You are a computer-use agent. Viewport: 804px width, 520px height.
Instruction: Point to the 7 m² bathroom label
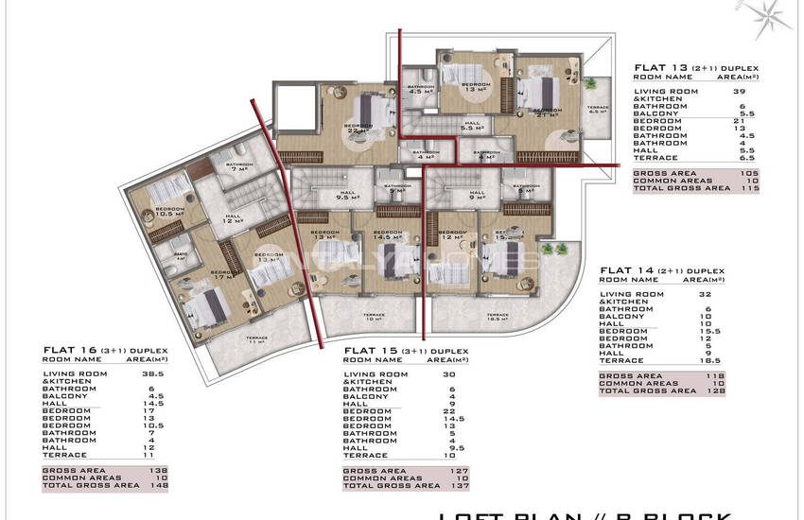pyautogui.click(x=238, y=168)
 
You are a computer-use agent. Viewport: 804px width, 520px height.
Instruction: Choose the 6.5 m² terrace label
pyautogui.click(x=598, y=110)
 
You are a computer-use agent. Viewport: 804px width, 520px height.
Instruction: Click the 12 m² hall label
pyautogui.click(x=232, y=219)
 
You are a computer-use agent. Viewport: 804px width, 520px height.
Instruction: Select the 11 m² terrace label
pyautogui.click(x=256, y=339)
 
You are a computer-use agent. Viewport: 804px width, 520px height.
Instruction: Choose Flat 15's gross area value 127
pyautogui.click(x=459, y=470)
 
